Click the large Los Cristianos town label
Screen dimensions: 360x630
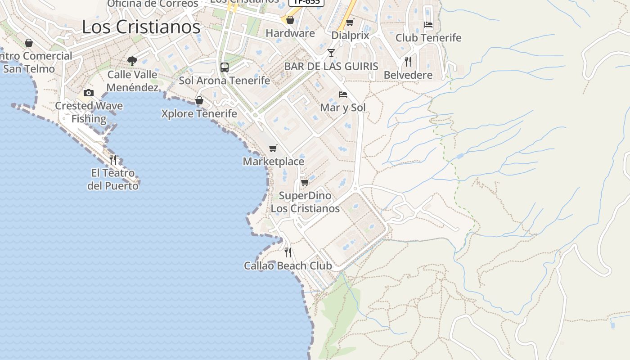click(x=141, y=27)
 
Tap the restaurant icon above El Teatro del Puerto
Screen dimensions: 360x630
click(x=113, y=159)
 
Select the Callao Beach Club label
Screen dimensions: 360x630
click(x=288, y=266)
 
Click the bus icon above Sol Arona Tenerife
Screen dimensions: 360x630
click(x=225, y=67)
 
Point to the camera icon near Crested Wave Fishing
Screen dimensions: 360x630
click(x=89, y=93)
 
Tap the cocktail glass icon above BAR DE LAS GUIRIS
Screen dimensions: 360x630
click(x=331, y=53)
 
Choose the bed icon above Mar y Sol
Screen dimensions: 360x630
click(x=343, y=94)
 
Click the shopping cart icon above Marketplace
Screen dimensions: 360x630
click(x=273, y=148)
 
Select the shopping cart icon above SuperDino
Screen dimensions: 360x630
click(x=305, y=182)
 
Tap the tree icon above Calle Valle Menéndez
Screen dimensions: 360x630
click(x=132, y=61)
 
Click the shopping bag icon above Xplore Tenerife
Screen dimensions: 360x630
click(x=199, y=100)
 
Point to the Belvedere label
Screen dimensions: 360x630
click(x=408, y=75)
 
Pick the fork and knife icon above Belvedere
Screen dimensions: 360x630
click(x=408, y=61)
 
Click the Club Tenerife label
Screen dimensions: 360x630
click(x=428, y=38)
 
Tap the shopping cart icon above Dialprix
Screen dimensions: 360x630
click(x=350, y=22)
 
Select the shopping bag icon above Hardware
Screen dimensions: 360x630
click(x=290, y=20)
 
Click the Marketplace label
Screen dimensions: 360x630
click(x=274, y=162)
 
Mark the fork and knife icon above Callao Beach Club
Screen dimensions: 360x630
click(x=288, y=252)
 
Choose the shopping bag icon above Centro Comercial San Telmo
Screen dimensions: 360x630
click(x=29, y=43)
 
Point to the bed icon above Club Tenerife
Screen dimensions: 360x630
click(x=428, y=25)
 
